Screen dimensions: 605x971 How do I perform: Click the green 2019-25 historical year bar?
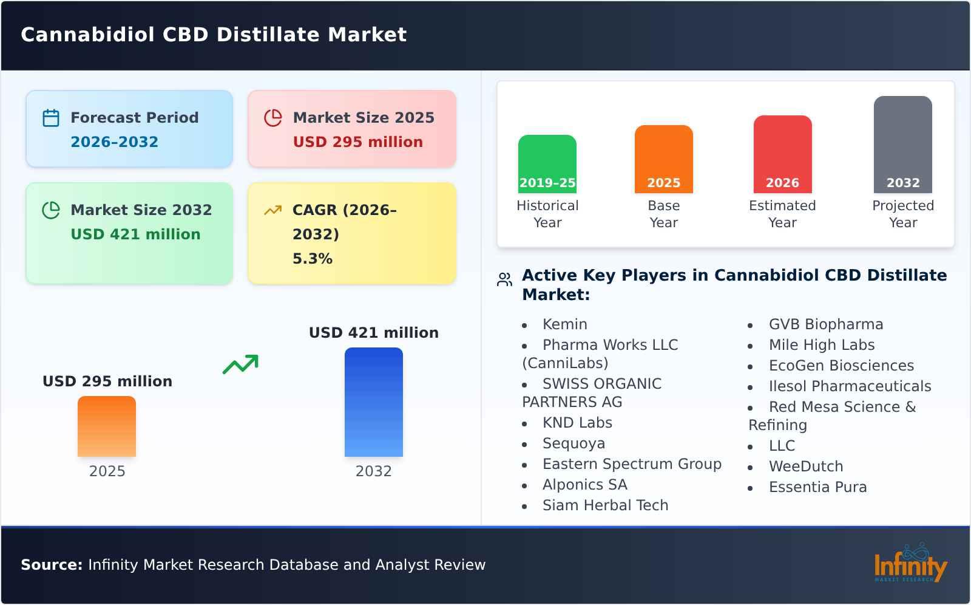(x=547, y=163)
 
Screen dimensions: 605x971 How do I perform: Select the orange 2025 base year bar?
(x=663, y=159)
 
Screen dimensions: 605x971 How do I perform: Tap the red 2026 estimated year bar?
(x=782, y=154)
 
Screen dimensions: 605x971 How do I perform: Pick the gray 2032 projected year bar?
(x=902, y=144)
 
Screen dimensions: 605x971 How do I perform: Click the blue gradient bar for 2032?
(x=373, y=402)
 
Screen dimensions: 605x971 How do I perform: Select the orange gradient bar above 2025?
(x=107, y=426)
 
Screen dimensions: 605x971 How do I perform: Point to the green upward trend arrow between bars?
(x=240, y=364)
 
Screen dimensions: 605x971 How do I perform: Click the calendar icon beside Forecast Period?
(x=51, y=118)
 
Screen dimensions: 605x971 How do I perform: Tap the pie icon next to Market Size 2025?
(x=273, y=118)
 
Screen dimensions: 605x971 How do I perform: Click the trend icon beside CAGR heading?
(x=273, y=210)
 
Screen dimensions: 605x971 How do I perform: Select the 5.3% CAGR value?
(x=312, y=259)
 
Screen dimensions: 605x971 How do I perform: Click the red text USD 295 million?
(x=357, y=142)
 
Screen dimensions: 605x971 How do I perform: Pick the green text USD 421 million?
(x=135, y=234)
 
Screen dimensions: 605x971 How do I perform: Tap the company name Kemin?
(x=564, y=324)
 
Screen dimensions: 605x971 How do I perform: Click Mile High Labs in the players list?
(x=821, y=345)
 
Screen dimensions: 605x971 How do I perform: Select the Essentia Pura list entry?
(x=817, y=487)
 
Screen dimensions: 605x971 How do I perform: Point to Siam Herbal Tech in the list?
(x=605, y=505)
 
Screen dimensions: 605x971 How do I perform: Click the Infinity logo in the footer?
(x=910, y=563)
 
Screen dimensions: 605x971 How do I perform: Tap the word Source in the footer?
(x=51, y=565)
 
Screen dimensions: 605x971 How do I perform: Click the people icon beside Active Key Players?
(x=504, y=279)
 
